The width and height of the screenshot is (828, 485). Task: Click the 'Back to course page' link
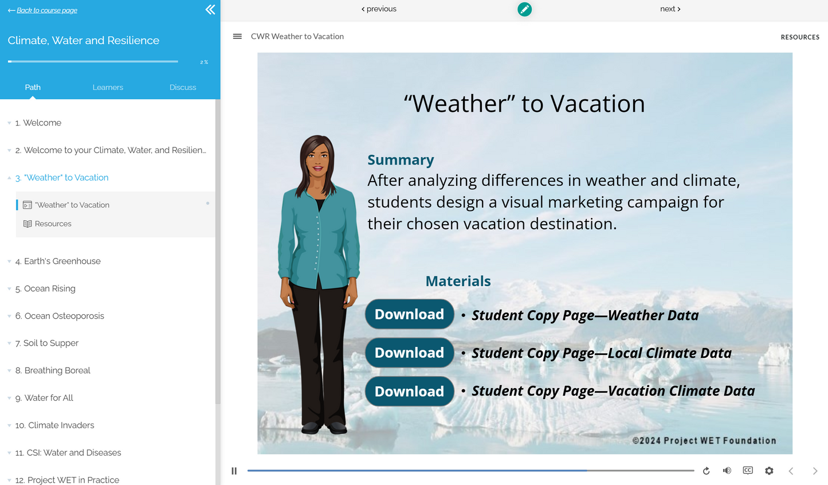pyautogui.click(x=46, y=10)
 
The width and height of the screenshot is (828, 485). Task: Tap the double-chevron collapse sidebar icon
pyautogui.click(x=210, y=10)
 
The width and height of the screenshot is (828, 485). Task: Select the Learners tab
pyautogui.click(x=108, y=87)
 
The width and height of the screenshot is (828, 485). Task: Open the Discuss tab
pyautogui.click(x=183, y=87)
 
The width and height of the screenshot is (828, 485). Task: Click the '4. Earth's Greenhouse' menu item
pyautogui.click(x=62, y=261)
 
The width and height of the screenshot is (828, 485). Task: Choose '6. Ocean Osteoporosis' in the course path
pyautogui.click(x=64, y=316)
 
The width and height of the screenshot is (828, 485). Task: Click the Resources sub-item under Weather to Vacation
pyautogui.click(x=53, y=224)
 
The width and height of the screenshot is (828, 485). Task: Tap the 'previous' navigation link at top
pyautogui.click(x=379, y=9)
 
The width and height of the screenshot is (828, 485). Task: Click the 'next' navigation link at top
pyautogui.click(x=670, y=9)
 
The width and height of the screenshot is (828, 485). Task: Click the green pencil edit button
pyautogui.click(x=524, y=9)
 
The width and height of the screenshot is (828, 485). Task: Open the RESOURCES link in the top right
pyautogui.click(x=800, y=37)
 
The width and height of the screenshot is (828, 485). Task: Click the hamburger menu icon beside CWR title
pyautogui.click(x=237, y=36)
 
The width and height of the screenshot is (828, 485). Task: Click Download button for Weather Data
pyautogui.click(x=409, y=314)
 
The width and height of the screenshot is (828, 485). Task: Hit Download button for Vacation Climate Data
pyautogui.click(x=409, y=391)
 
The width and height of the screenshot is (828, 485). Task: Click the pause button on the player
pyautogui.click(x=234, y=471)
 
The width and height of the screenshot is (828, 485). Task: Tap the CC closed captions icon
pyautogui.click(x=748, y=471)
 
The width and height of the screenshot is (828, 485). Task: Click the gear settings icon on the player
pyautogui.click(x=769, y=471)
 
